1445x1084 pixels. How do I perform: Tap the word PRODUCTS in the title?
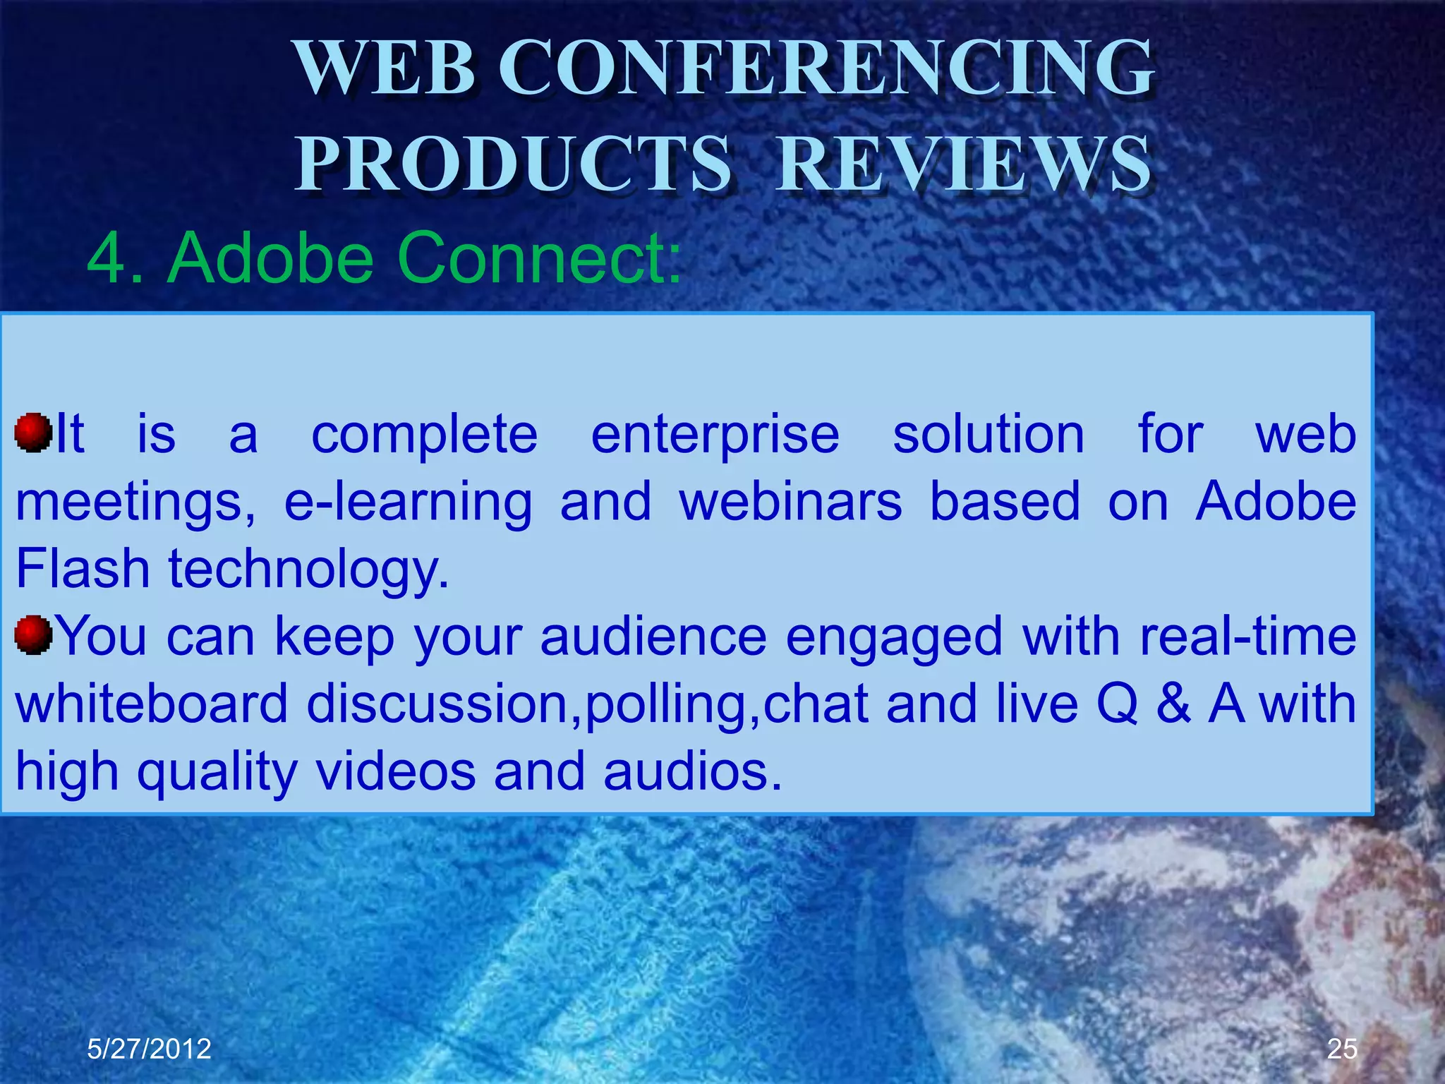(513, 164)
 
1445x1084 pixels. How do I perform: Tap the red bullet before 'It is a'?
(33, 433)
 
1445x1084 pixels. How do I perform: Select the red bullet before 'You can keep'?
(33, 634)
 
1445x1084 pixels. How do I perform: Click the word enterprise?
(715, 435)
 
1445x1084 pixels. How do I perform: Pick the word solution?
(988, 435)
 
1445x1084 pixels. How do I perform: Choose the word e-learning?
(408, 502)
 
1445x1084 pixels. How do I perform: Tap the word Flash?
(83, 569)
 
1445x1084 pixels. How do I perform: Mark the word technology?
(308, 570)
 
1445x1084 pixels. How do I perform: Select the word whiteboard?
(152, 704)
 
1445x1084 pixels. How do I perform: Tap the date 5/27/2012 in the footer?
(149, 1049)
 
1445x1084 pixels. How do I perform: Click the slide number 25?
(1341, 1049)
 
